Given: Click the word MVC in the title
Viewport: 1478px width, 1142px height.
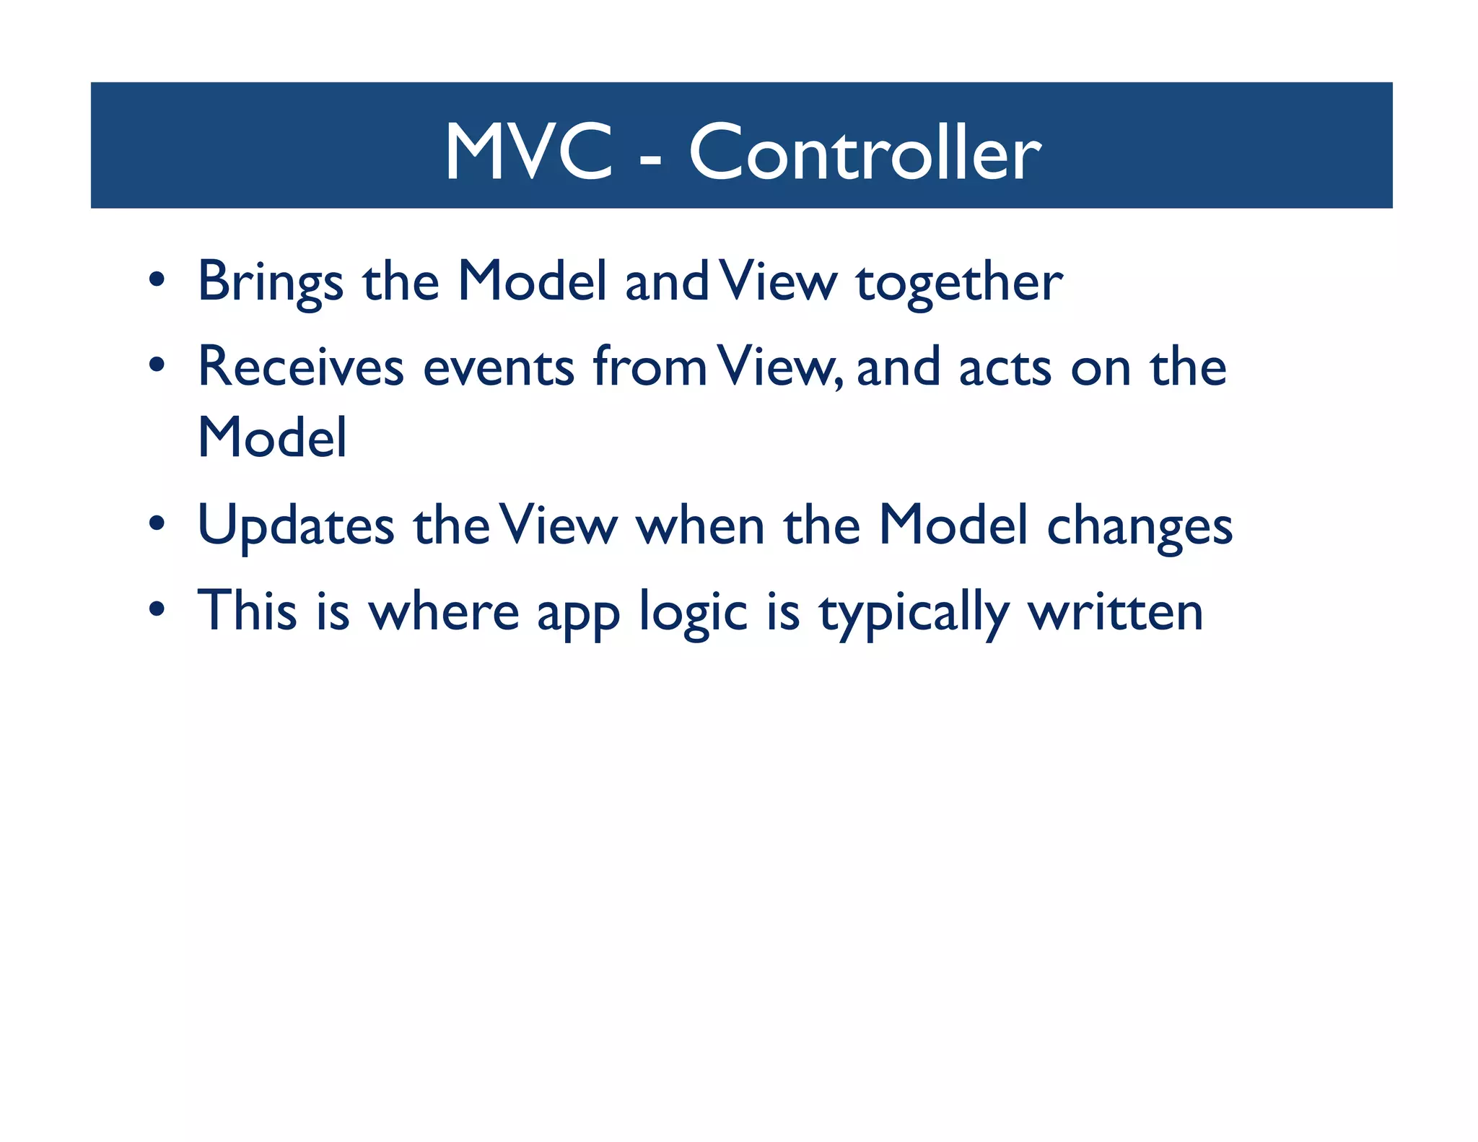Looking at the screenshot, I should click(528, 152).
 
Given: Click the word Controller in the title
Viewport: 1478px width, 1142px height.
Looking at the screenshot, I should click(865, 152).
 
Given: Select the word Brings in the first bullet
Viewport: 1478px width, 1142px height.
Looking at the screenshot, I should click(270, 282).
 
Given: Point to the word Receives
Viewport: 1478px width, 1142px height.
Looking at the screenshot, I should click(300, 367).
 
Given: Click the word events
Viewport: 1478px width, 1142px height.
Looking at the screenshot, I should click(498, 367).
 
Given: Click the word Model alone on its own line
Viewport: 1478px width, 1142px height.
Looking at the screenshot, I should click(272, 438).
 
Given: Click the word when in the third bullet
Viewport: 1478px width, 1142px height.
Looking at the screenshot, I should click(699, 526).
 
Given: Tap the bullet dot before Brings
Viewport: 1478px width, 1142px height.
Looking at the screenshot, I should click(157, 279).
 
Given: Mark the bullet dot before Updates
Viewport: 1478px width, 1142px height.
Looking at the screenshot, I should click(157, 523).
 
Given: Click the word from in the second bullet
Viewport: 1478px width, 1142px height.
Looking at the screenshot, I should click(650, 366).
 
